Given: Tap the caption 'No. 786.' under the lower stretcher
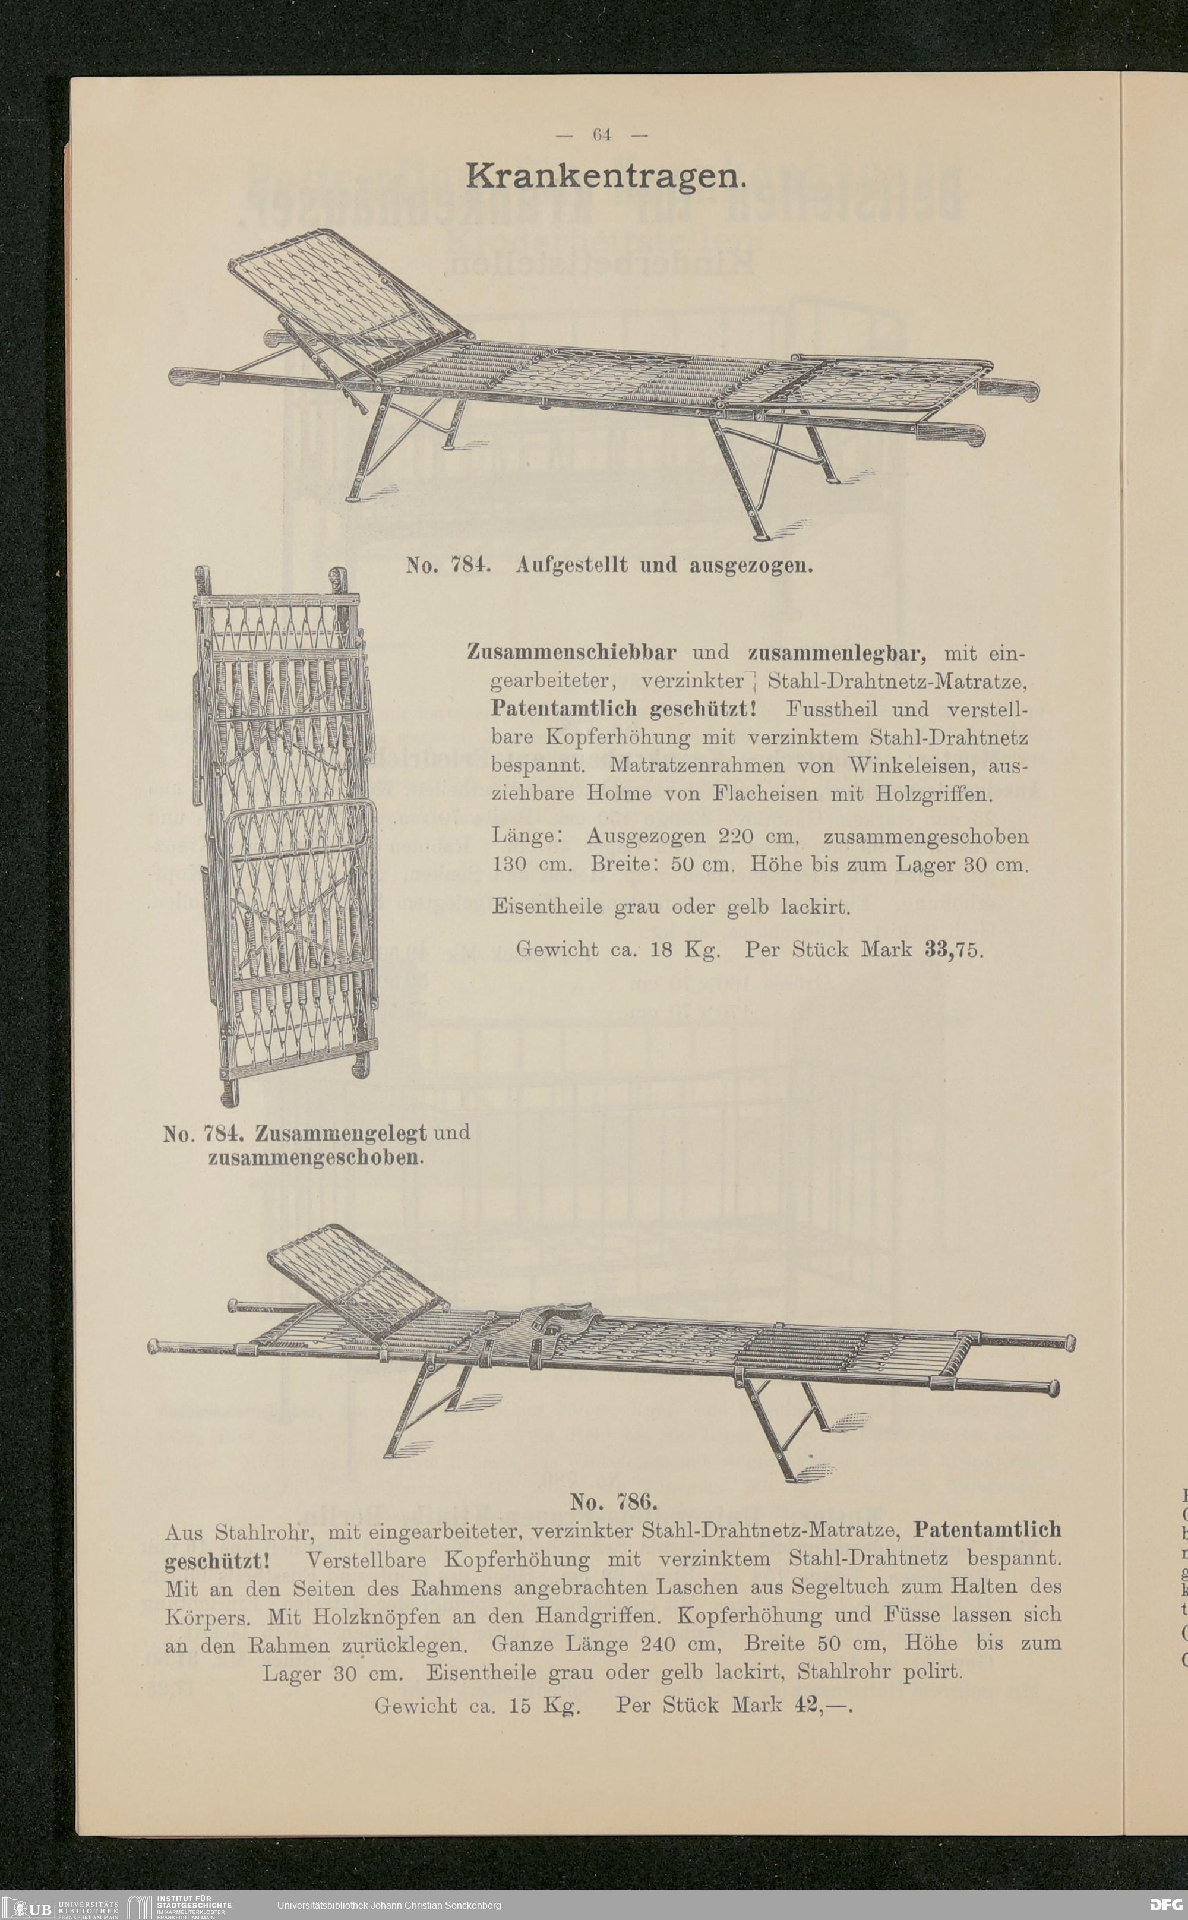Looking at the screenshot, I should (613, 1502).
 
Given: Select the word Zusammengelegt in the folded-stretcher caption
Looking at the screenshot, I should (341, 1133).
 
